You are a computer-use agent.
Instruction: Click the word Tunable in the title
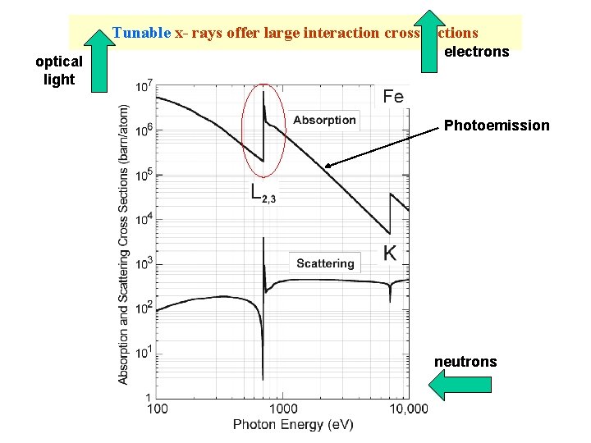[141, 34]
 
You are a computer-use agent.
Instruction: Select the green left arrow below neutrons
[461, 385]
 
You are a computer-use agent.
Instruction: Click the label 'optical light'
[58, 71]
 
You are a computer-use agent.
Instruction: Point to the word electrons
[476, 53]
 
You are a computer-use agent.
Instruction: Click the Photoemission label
[497, 126]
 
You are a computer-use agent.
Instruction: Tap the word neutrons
[465, 362]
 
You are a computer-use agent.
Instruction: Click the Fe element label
[393, 97]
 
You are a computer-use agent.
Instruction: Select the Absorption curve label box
[324, 120]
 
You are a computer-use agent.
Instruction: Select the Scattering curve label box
[325, 263]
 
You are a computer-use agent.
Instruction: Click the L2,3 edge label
[263, 194]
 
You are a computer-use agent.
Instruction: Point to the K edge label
[390, 253]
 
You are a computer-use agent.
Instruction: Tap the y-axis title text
[124, 244]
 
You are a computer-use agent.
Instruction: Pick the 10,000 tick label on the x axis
[407, 409]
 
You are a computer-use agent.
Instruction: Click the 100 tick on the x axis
[157, 409]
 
